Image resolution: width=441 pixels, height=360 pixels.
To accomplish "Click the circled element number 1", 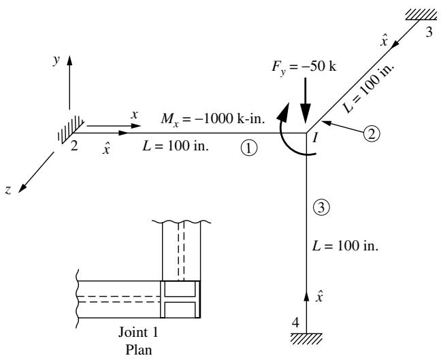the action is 249,148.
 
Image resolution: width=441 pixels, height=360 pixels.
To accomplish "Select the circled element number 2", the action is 372,134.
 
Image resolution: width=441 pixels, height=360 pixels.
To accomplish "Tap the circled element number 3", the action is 321,208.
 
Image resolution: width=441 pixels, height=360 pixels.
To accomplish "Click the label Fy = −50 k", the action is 304,67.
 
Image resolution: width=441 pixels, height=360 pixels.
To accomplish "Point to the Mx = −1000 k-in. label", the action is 213,119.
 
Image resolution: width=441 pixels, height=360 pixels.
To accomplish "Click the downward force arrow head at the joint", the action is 306,113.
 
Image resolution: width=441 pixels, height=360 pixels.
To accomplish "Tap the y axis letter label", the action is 56,61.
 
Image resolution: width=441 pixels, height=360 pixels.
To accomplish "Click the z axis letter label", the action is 8,191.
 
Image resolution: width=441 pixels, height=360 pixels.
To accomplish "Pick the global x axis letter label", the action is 135,115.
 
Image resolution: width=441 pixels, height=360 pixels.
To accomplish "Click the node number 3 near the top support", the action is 429,33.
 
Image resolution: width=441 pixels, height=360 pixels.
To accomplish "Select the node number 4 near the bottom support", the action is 295,323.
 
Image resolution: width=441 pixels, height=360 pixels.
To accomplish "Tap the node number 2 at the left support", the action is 74,146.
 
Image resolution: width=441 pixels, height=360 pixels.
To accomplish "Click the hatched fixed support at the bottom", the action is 306,339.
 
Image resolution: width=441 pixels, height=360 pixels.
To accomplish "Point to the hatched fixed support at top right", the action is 421,15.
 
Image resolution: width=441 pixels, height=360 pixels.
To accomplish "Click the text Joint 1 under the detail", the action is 138,332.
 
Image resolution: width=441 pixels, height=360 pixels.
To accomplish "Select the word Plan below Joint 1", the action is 138,350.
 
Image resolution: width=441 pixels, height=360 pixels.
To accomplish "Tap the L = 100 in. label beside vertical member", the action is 345,246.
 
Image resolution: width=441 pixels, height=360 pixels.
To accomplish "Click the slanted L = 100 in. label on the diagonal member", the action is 369,88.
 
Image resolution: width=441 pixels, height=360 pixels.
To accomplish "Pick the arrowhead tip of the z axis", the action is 18,193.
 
